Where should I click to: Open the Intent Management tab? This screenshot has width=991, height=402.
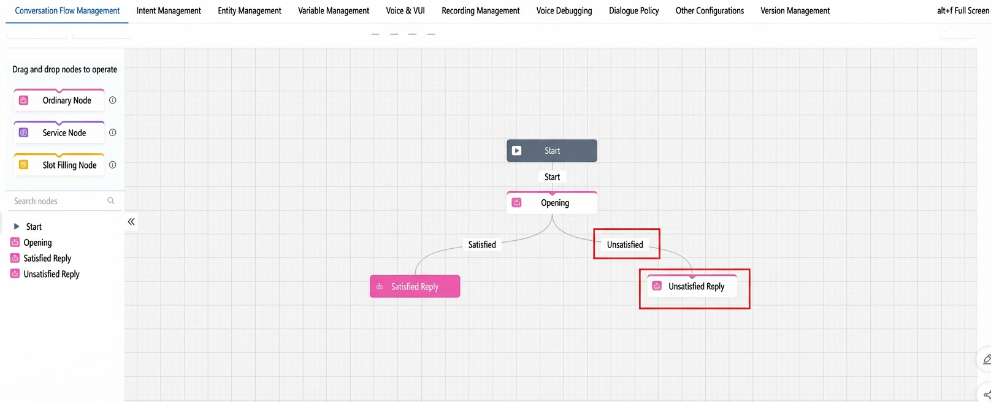(169, 10)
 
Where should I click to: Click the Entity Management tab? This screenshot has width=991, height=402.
(249, 10)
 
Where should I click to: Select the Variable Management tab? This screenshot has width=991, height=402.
(333, 10)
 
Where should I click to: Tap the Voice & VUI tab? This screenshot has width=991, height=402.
(405, 10)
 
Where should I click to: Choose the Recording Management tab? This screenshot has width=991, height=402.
(480, 10)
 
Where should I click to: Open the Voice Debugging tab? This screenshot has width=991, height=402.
(564, 10)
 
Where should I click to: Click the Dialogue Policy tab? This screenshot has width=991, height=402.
(633, 10)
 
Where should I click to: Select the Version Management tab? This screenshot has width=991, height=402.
(795, 10)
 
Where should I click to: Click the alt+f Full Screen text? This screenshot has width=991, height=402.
(963, 10)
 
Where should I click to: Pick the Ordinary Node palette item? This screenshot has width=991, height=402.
(59, 100)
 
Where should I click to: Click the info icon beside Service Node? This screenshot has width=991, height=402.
(113, 133)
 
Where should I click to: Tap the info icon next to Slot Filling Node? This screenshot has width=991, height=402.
(113, 165)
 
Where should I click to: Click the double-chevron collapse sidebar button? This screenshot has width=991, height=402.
(131, 222)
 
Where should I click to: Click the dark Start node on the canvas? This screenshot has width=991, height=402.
(552, 151)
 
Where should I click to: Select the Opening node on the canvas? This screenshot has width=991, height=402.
(552, 203)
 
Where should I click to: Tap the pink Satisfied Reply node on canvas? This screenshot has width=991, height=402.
(415, 286)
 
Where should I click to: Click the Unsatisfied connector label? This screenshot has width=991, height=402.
(625, 245)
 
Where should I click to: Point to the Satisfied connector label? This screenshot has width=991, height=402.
(482, 245)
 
